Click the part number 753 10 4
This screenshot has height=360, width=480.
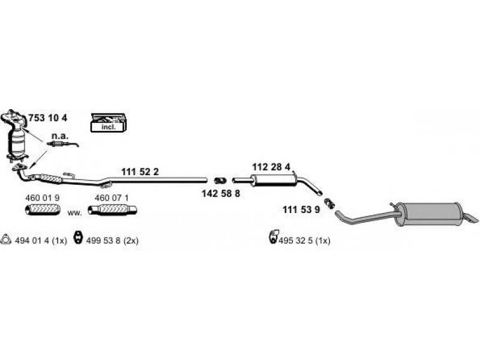coord(48,117)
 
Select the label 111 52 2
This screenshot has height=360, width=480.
coord(140,172)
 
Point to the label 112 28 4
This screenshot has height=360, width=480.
coord(271,166)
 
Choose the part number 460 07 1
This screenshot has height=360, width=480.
coord(112,197)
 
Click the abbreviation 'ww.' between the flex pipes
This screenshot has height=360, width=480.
coord(74,212)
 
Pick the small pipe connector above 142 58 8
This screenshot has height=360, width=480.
coord(220,180)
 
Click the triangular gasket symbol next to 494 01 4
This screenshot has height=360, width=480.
coord(6,239)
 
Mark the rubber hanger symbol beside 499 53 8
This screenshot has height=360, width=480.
coord(77,239)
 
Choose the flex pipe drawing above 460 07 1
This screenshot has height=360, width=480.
coord(112,209)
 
